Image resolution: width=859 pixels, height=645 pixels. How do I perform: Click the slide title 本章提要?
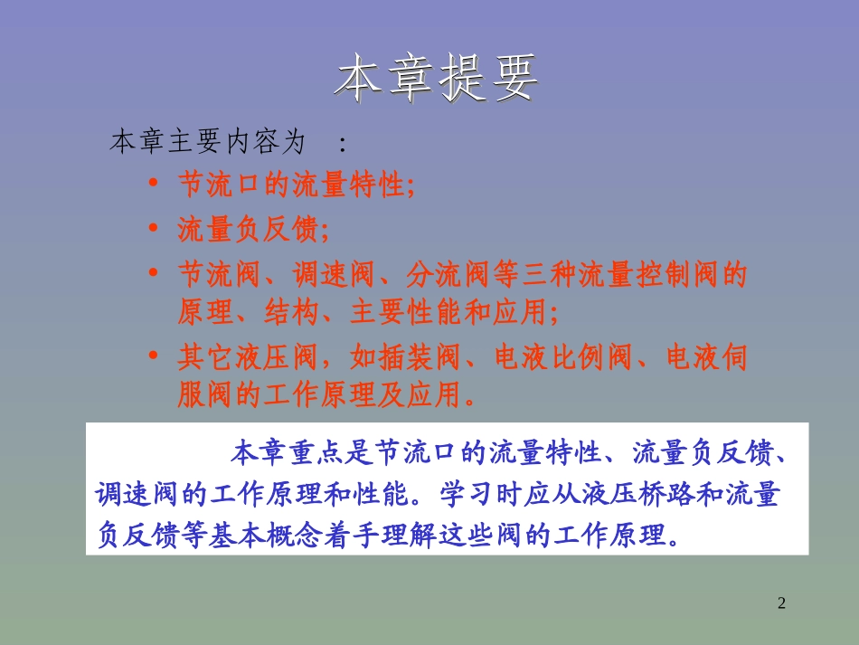point(436,81)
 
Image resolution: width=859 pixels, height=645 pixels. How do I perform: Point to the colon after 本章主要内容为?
point(341,143)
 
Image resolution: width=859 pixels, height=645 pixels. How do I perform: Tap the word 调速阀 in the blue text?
point(139,495)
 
